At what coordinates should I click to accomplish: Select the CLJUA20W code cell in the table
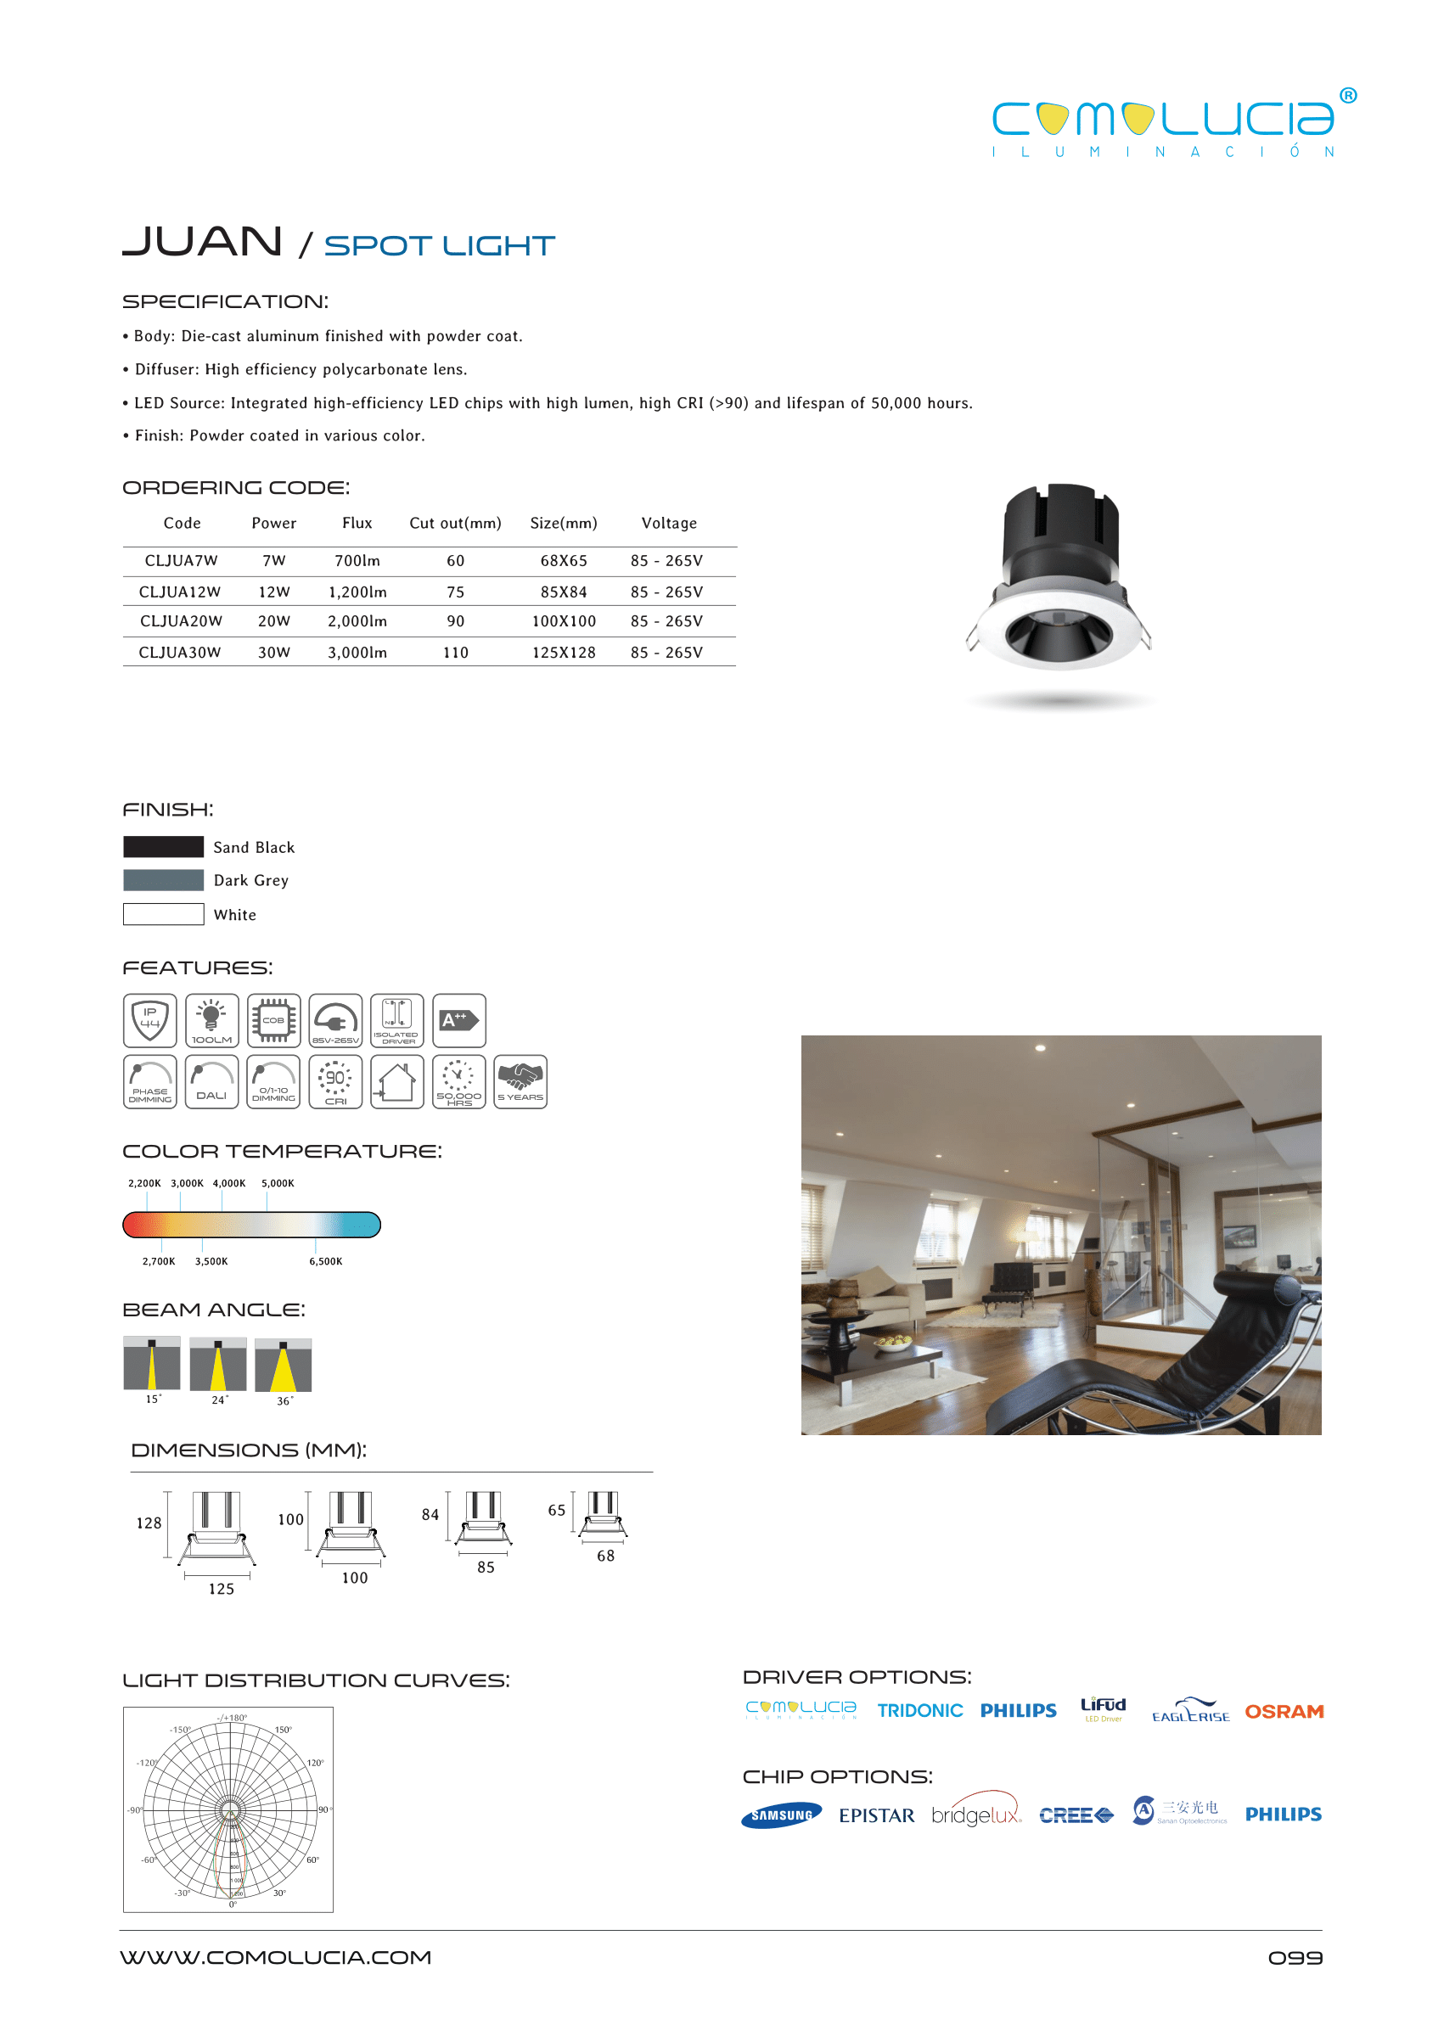(x=181, y=621)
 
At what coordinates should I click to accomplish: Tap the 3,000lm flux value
(x=357, y=653)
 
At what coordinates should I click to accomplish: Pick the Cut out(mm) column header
(x=454, y=524)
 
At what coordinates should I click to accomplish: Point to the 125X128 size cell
(x=563, y=653)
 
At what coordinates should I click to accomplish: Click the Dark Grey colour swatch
(x=164, y=880)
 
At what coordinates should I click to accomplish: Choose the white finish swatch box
(x=164, y=914)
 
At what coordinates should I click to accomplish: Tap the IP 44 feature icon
(x=149, y=1020)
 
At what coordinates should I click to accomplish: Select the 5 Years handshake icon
(x=520, y=1081)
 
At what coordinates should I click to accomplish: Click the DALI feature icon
(x=211, y=1081)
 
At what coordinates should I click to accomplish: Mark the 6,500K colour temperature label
(x=325, y=1261)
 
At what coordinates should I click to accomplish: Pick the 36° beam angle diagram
(x=283, y=1366)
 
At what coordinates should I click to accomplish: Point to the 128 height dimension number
(x=149, y=1523)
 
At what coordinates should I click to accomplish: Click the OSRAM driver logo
(x=1283, y=1711)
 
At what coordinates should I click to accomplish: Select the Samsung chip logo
(x=781, y=1815)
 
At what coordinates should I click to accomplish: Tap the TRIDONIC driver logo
(x=919, y=1711)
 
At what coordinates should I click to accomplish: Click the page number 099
(x=1295, y=1958)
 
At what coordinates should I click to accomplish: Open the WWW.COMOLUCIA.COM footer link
(x=276, y=1958)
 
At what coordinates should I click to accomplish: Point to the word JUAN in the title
(x=202, y=242)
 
